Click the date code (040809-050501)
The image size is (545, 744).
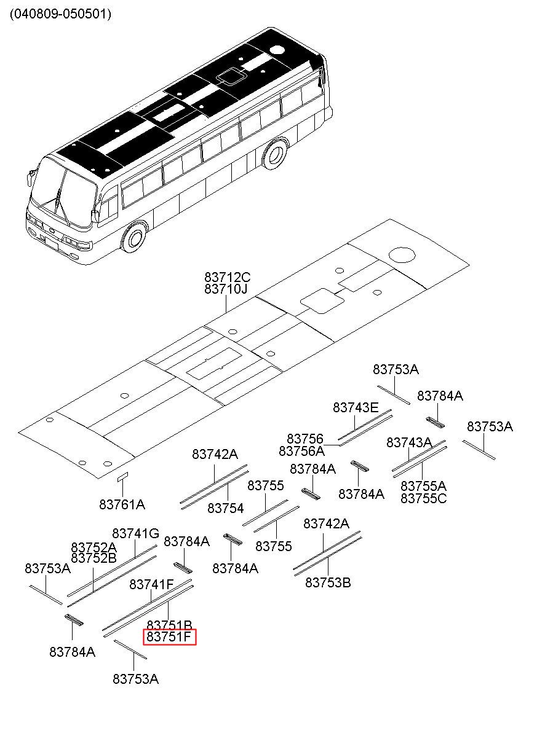coord(60,14)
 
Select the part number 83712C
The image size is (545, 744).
coord(228,276)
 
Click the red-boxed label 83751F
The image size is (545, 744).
coord(169,637)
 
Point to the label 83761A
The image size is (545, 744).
coord(122,504)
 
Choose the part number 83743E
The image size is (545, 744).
coord(356,407)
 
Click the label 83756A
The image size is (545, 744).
coord(301,450)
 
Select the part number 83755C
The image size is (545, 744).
coord(423,498)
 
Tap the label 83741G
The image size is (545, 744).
coord(135,533)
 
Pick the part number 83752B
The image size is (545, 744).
coord(93,558)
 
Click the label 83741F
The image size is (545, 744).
coord(151,584)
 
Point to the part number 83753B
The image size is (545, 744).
coord(328,582)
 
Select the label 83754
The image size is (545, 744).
coord(225,508)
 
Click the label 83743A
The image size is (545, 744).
coord(409,442)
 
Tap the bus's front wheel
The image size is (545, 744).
coord(135,237)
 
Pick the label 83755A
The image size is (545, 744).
coord(423,487)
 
